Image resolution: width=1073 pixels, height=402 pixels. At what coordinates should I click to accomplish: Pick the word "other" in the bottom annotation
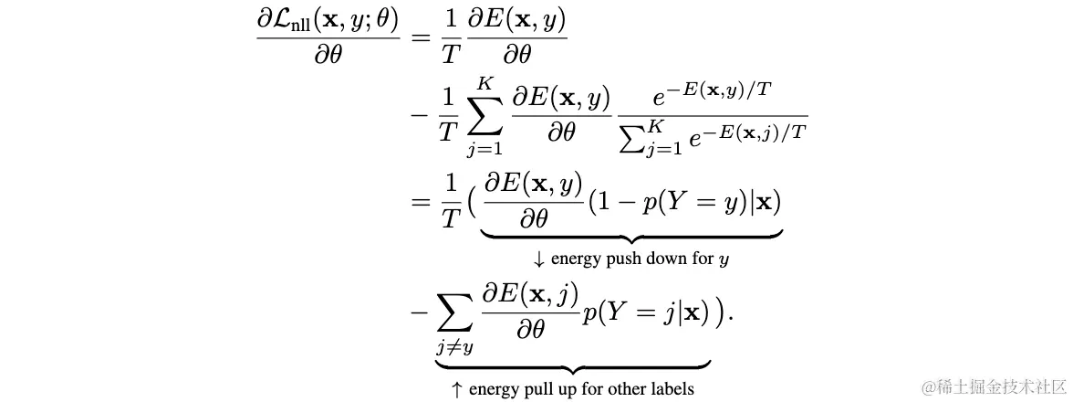pos(620,389)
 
